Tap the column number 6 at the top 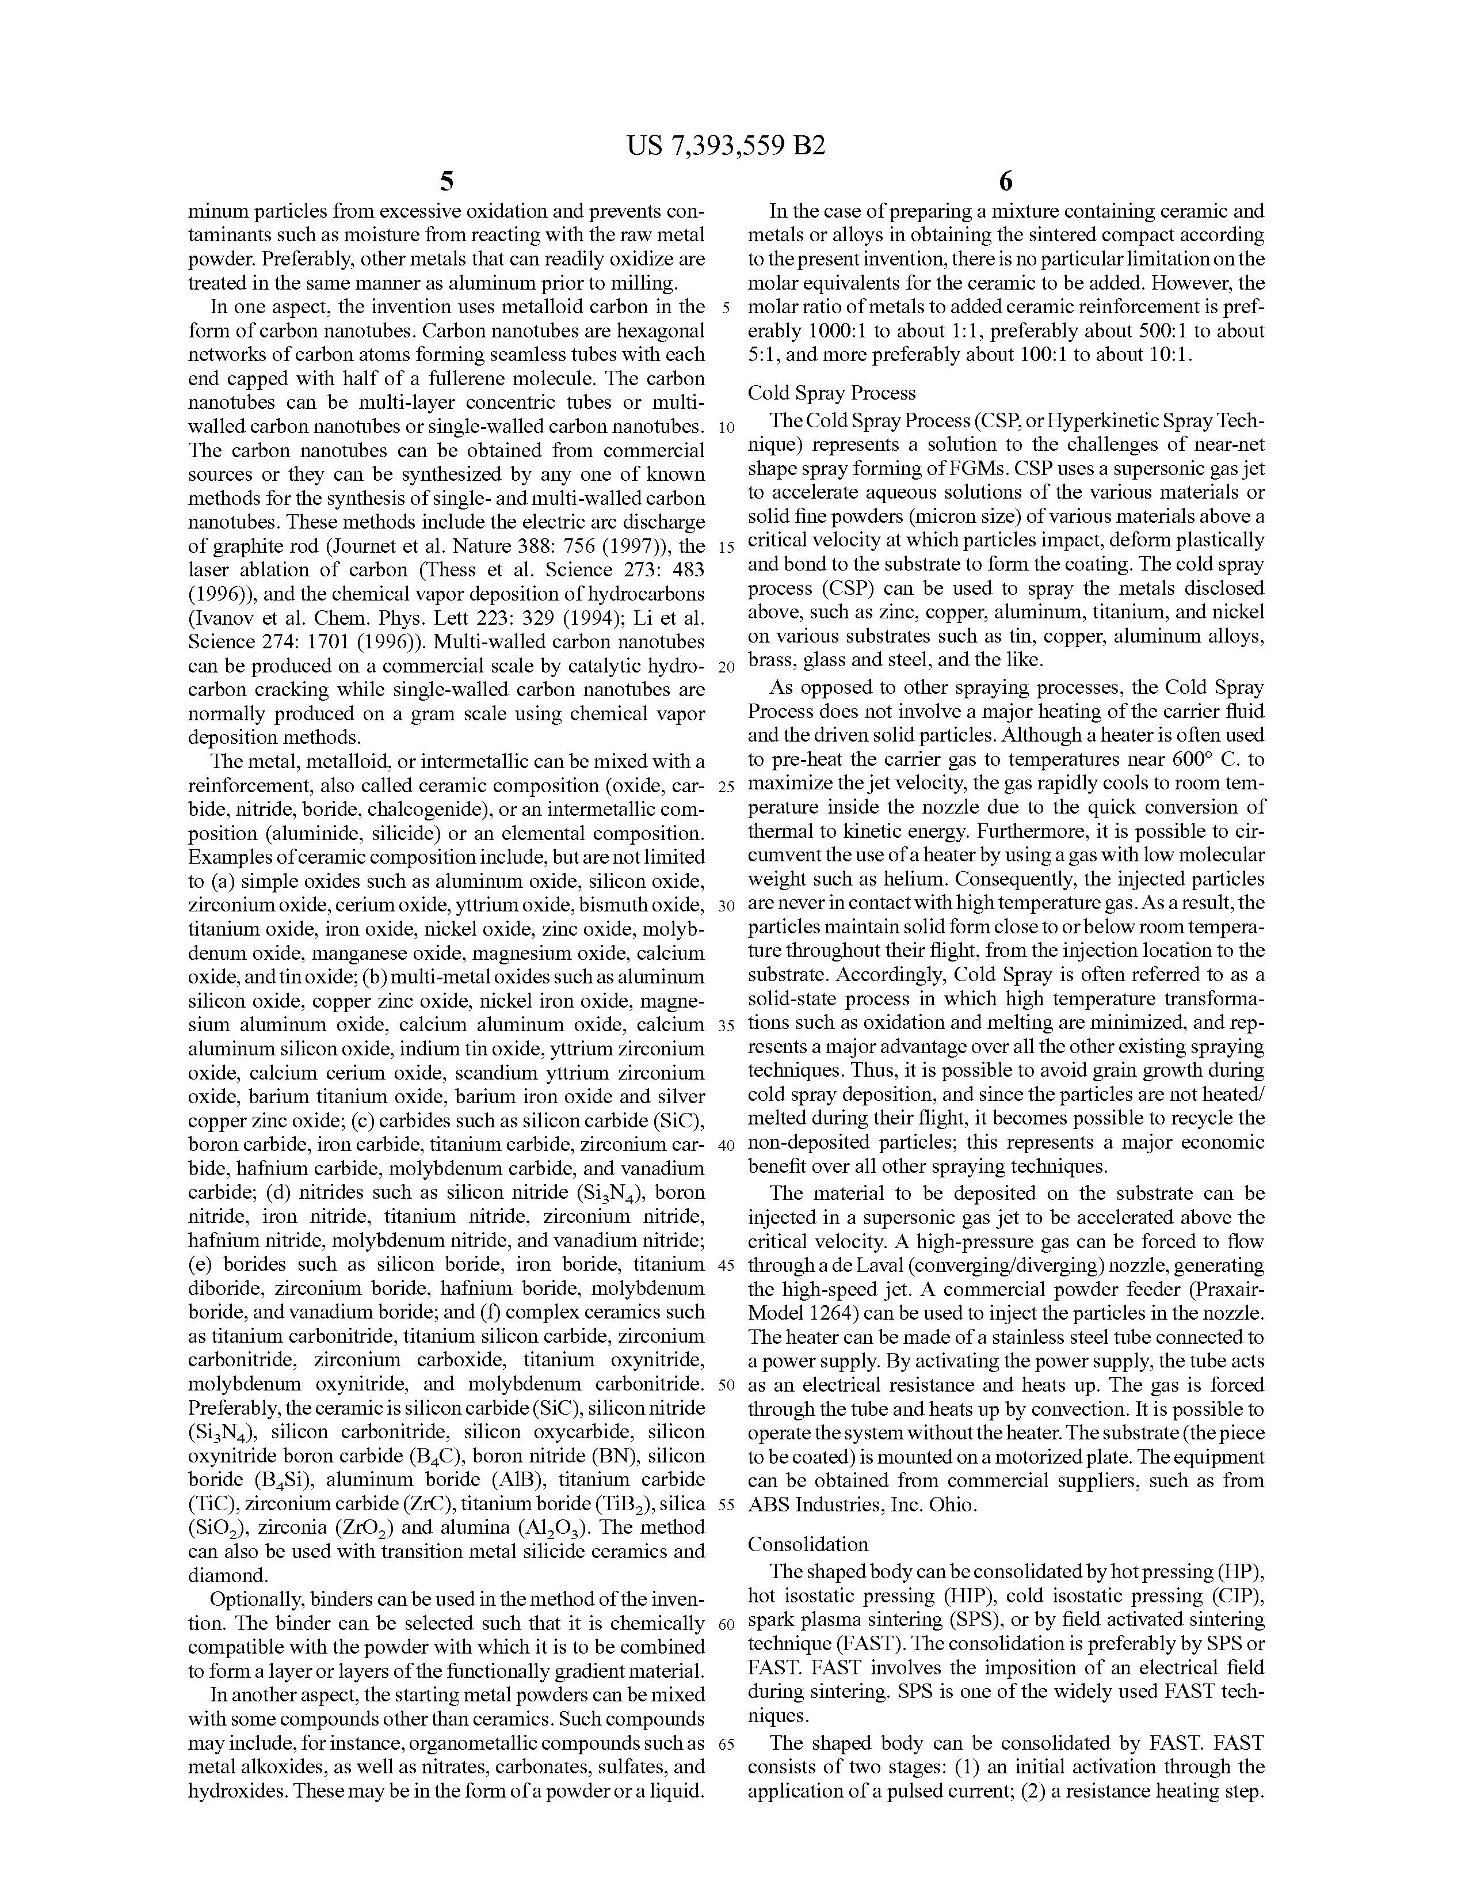click(1006, 181)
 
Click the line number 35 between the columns click(727, 1025)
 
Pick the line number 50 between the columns click(727, 1385)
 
